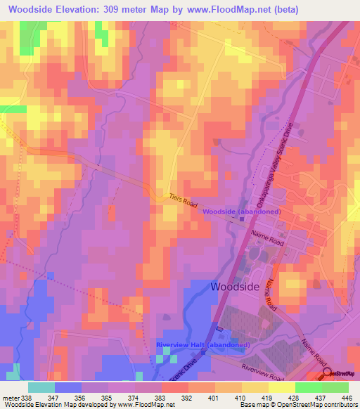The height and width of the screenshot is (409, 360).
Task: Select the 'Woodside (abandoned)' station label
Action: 243,212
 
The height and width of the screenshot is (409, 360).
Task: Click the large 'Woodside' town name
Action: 236,287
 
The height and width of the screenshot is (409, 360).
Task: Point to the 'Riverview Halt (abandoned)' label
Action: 203,345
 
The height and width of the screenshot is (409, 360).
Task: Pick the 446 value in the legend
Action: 346,398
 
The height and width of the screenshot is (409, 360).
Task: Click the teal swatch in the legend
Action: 41,387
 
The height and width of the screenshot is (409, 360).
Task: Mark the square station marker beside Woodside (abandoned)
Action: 241,219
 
